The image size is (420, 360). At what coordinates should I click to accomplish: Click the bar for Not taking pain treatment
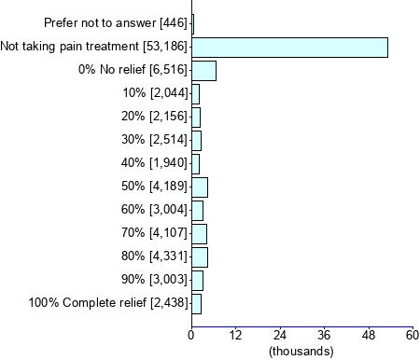pyautogui.click(x=289, y=48)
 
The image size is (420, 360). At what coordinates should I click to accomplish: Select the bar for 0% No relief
pyautogui.click(x=203, y=71)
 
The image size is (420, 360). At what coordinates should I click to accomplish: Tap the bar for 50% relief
pyautogui.click(x=199, y=187)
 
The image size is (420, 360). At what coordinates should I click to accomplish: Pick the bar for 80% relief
pyautogui.click(x=199, y=256)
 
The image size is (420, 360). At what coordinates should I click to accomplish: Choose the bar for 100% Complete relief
pyautogui.click(x=196, y=303)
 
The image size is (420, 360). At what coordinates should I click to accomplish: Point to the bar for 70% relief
pyautogui.click(x=199, y=233)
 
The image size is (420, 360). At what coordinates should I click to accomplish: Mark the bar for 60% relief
pyautogui.click(x=197, y=210)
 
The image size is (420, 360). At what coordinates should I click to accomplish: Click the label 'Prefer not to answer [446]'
pyautogui.click(x=117, y=21)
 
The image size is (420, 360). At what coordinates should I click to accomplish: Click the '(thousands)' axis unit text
pyautogui.click(x=301, y=351)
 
